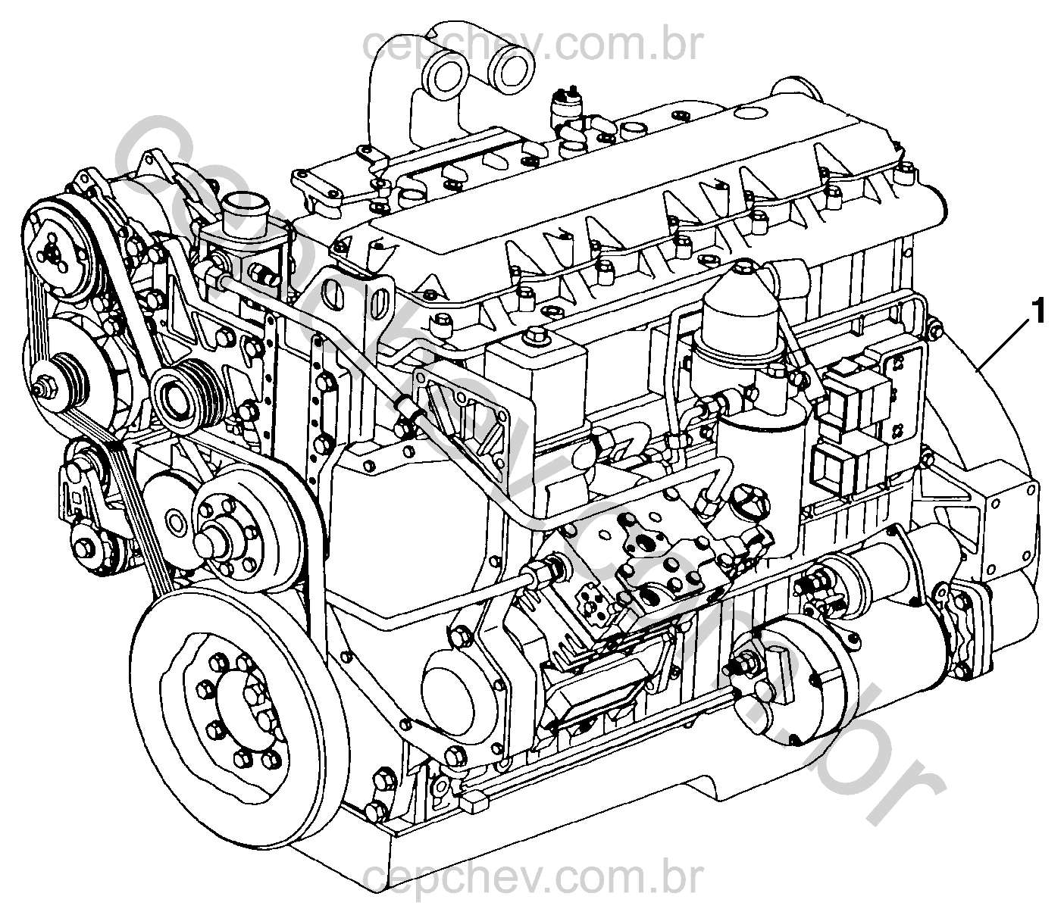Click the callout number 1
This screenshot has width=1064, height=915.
[x=1038, y=313]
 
